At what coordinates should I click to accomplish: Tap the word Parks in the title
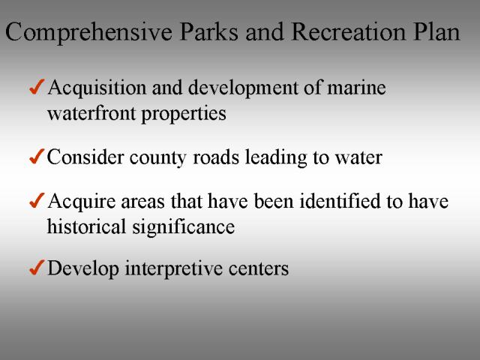(208, 31)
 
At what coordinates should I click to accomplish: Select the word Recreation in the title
(349, 31)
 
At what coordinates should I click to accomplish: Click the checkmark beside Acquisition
(37, 87)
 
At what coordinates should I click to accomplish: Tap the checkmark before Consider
(37, 157)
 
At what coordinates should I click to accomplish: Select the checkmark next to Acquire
(37, 200)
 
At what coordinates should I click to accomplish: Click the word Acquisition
(97, 88)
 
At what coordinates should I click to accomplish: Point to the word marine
(356, 88)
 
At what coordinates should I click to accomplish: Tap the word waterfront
(91, 113)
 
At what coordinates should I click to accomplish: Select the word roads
(216, 157)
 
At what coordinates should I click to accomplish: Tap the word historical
(86, 226)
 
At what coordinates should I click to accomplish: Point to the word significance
(183, 228)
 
